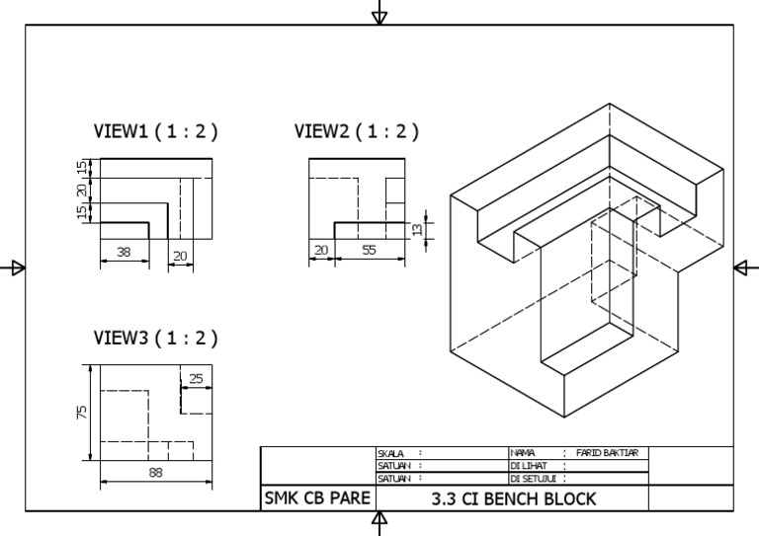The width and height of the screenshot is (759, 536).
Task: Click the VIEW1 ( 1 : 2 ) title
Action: (x=155, y=131)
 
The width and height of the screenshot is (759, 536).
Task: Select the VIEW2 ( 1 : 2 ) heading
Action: (x=357, y=131)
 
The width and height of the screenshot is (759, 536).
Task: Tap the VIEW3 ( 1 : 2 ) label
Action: (x=155, y=338)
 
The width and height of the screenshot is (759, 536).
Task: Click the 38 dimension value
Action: (x=124, y=253)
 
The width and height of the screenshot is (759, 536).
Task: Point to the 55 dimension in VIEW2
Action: (x=369, y=251)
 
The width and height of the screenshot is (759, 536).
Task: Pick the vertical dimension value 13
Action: (x=416, y=229)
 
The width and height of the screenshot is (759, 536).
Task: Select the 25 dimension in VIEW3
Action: (x=196, y=378)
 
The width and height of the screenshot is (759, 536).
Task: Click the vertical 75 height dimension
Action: (x=82, y=411)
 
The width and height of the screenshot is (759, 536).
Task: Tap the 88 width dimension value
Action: (x=155, y=473)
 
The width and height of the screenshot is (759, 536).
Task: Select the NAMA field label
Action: (x=523, y=453)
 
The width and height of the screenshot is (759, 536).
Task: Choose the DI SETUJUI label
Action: (x=532, y=478)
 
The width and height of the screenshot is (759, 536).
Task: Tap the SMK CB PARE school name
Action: (x=316, y=498)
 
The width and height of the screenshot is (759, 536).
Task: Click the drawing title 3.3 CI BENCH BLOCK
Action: (x=514, y=498)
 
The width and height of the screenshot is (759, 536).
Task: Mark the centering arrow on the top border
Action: (x=379, y=14)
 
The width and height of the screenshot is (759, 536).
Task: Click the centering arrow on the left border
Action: (x=14, y=268)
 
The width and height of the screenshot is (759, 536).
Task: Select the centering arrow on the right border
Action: (x=745, y=268)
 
